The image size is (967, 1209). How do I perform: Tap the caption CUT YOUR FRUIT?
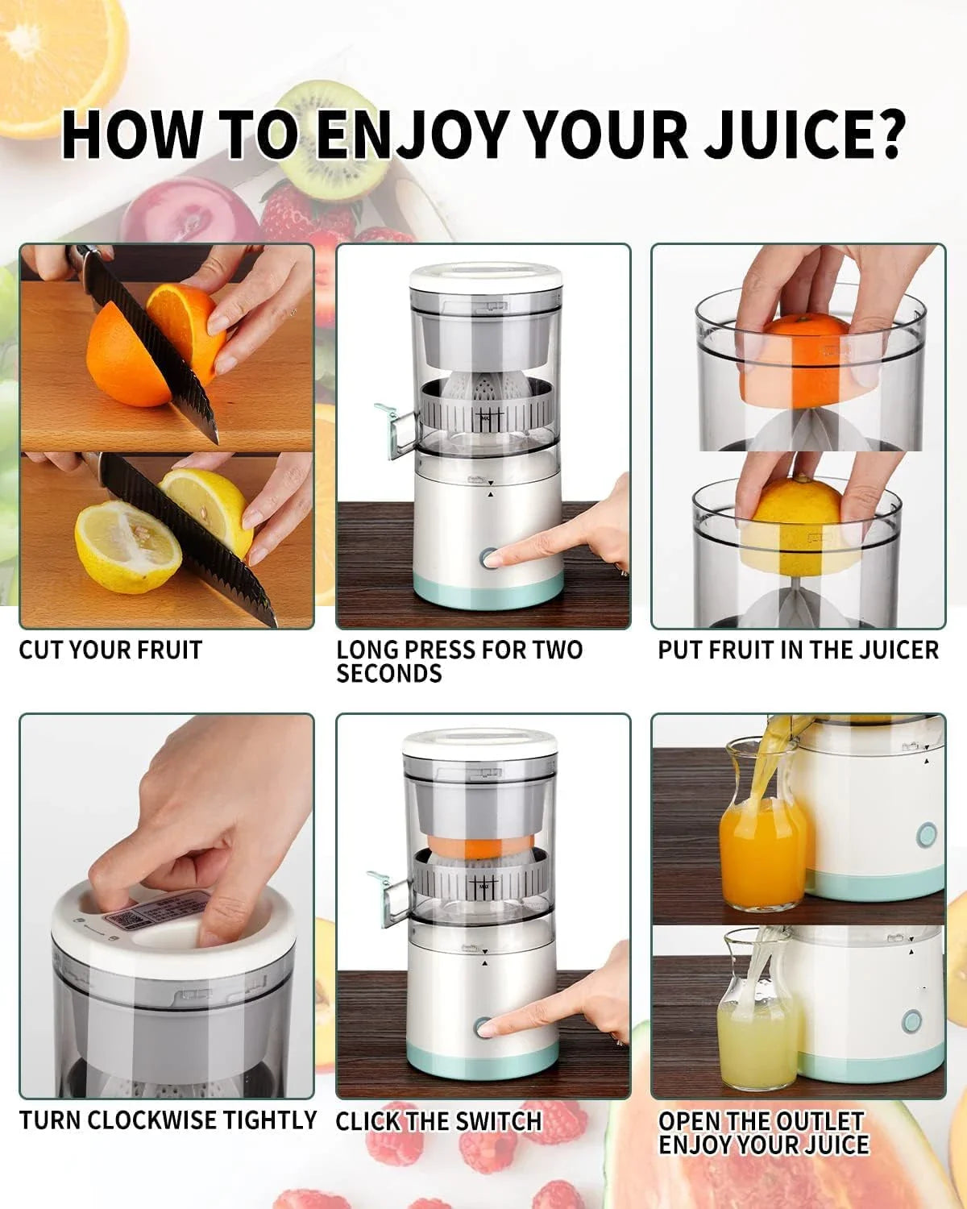(110, 650)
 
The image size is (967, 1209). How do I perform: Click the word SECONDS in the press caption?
(389, 674)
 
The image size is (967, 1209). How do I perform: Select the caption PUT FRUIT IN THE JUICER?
(798, 650)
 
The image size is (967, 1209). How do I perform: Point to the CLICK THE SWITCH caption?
(438, 1121)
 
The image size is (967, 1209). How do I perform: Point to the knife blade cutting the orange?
(153, 347)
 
